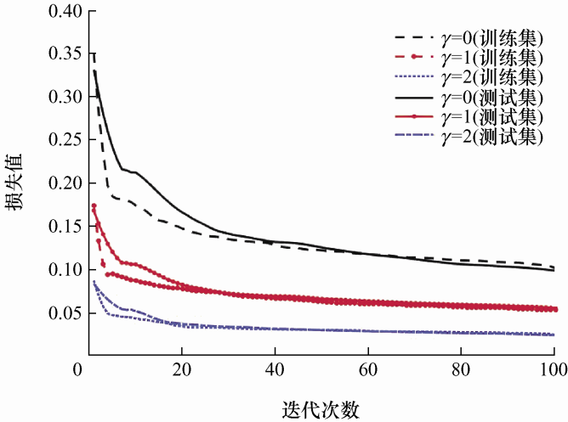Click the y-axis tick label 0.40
pyautogui.click(x=64, y=11)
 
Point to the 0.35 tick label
pyautogui.click(x=64, y=54)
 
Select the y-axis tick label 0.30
pyautogui.click(x=64, y=98)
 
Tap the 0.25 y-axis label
pyautogui.click(x=64, y=141)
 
